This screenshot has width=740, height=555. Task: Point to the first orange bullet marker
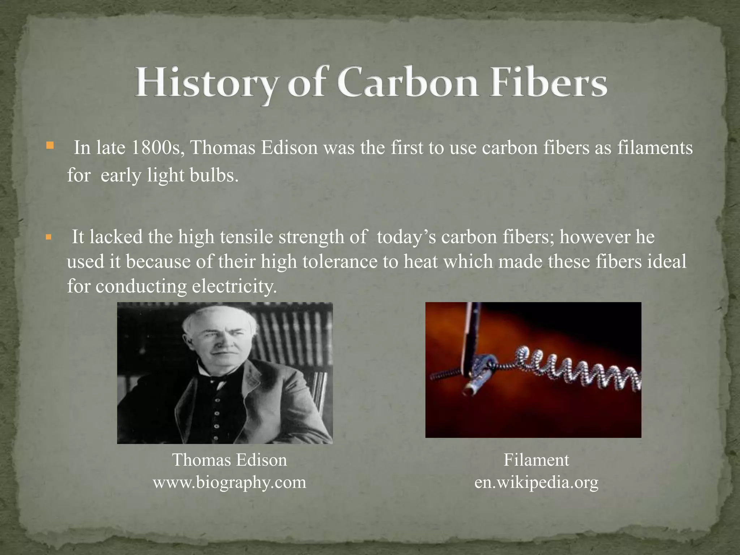(50, 146)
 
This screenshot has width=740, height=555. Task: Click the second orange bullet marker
(50, 238)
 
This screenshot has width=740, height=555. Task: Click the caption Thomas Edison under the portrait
(230, 460)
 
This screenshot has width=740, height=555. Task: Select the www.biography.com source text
(230, 482)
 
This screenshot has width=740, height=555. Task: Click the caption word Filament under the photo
(536, 460)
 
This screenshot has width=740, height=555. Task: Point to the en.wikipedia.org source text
(536, 482)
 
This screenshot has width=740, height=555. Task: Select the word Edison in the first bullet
(289, 148)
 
